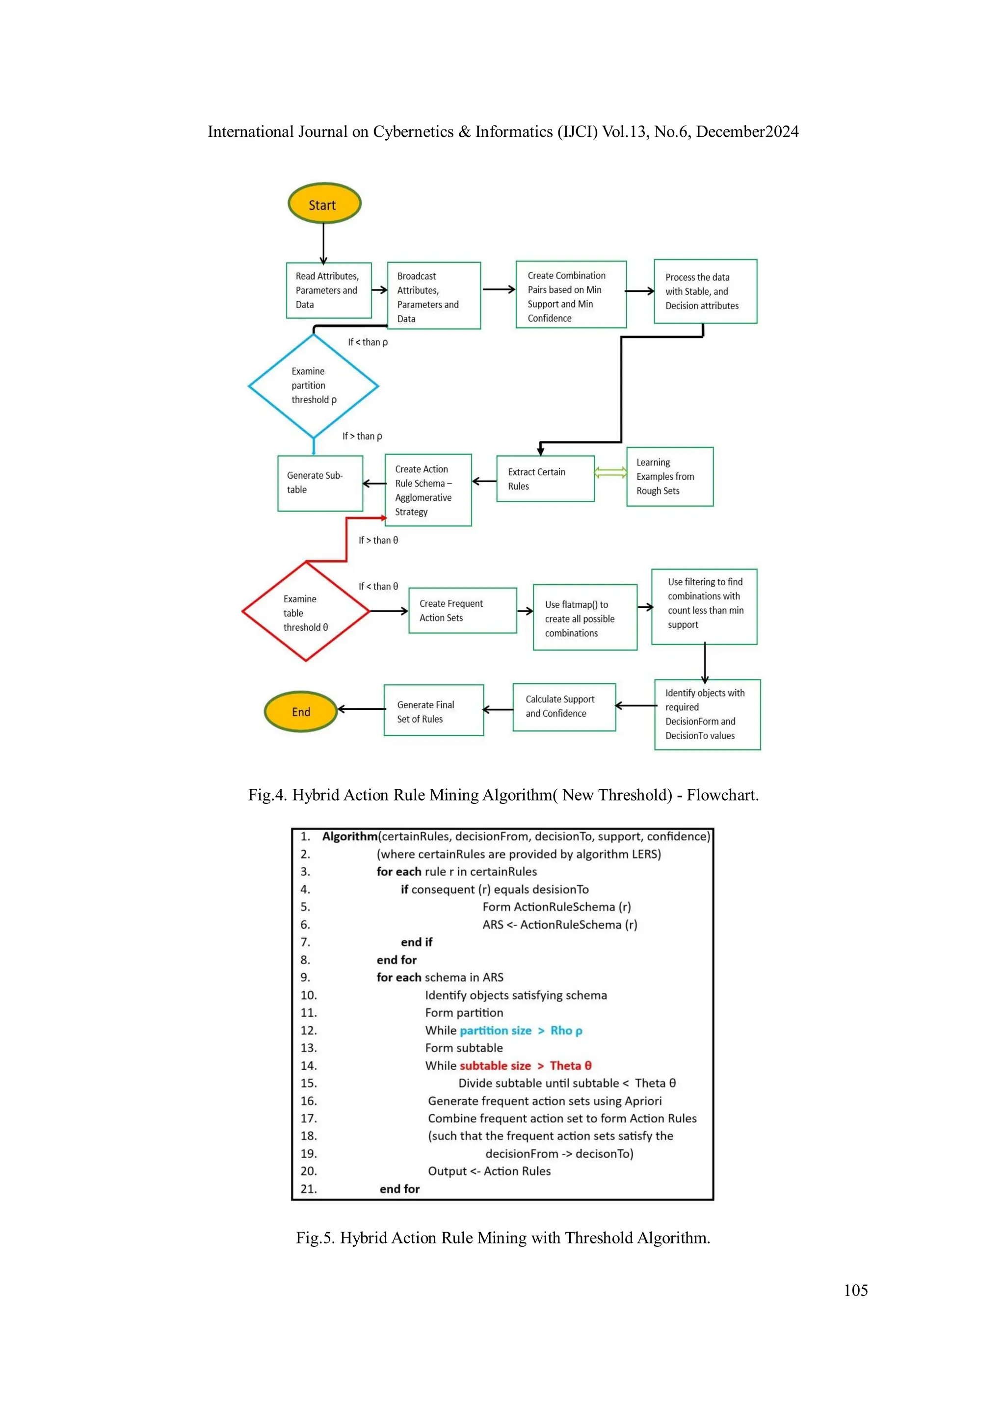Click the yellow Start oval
pos(324,204)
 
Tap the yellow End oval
pos(301,711)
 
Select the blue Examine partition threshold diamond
pos(314,386)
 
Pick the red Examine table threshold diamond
pos(305,612)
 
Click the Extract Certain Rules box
pos(545,478)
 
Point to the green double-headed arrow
pos(610,473)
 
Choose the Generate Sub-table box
pos(320,483)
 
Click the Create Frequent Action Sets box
pos(463,610)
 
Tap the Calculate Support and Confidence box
pos(564,706)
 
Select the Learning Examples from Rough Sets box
pos(669,477)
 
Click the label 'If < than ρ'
pos(368,342)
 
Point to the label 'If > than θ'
pos(378,541)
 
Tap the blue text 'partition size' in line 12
pos(495,1031)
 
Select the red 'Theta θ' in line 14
pos(570,1066)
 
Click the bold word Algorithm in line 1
pos(349,836)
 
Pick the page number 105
pos(855,1291)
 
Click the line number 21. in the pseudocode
pos(308,1189)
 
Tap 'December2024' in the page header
pos(747,132)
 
